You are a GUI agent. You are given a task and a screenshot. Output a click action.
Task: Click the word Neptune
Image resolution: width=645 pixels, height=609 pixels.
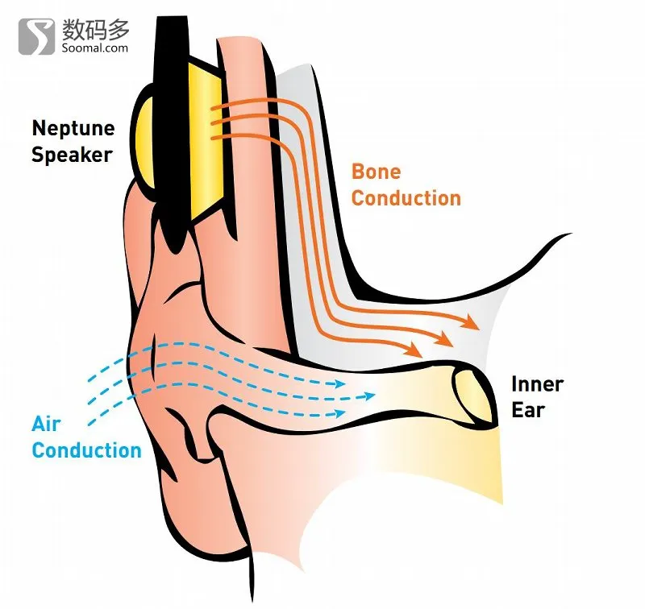(x=73, y=129)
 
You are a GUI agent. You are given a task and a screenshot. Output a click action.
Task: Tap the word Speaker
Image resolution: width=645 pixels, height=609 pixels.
(x=72, y=155)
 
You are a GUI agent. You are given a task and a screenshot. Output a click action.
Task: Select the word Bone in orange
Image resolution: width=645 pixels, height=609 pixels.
(x=376, y=172)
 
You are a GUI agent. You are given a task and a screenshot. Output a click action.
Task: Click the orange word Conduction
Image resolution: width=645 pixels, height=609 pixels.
(x=406, y=198)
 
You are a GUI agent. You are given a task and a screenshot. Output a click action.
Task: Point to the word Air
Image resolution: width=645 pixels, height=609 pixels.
(x=46, y=424)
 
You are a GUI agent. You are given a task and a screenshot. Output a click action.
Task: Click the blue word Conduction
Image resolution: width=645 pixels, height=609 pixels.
(x=86, y=450)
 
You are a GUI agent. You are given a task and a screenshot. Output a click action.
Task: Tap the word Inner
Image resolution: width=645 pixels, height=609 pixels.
(x=537, y=384)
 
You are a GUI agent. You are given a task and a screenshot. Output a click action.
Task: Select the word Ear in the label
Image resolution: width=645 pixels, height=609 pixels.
(x=528, y=410)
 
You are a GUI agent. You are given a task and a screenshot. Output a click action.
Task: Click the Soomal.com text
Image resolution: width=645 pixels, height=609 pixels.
(x=95, y=48)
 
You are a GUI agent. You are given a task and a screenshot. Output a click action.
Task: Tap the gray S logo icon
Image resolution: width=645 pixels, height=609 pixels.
(x=36, y=36)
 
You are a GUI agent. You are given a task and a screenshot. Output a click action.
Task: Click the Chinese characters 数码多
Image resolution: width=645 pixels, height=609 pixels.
(x=95, y=30)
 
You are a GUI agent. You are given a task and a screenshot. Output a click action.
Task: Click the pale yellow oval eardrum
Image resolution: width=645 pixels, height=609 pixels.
(x=473, y=396)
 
